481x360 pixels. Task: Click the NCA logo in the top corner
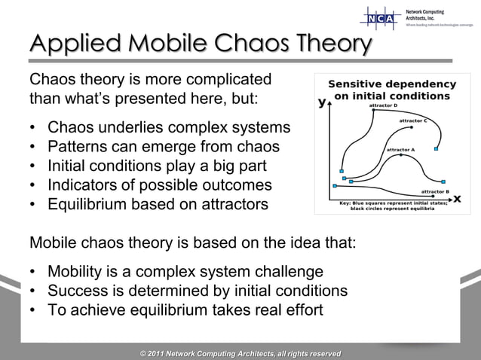point(381,17)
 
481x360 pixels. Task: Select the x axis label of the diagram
point(456,199)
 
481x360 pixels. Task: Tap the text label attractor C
point(413,121)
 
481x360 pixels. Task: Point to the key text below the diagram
point(392,206)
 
